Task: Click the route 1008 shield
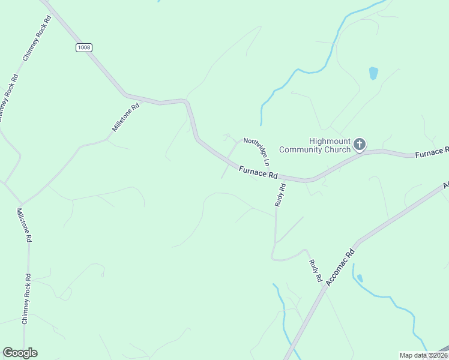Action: click(84, 47)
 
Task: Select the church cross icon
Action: click(360, 144)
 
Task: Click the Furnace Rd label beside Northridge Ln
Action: click(258, 173)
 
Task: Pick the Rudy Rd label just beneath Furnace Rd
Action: click(280, 195)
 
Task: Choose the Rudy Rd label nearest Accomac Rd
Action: click(316, 271)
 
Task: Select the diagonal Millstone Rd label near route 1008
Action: click(125, 118)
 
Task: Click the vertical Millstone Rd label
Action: click(24, 224)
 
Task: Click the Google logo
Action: click(20, 353)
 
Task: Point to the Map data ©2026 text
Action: click(423, 355)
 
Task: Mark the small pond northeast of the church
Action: click(373, 73)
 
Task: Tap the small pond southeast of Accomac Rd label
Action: click(360, 278)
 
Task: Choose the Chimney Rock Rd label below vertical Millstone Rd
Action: click(26, 299)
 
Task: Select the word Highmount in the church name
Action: click(330, 141)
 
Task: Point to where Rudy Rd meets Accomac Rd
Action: click(325, 286)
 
